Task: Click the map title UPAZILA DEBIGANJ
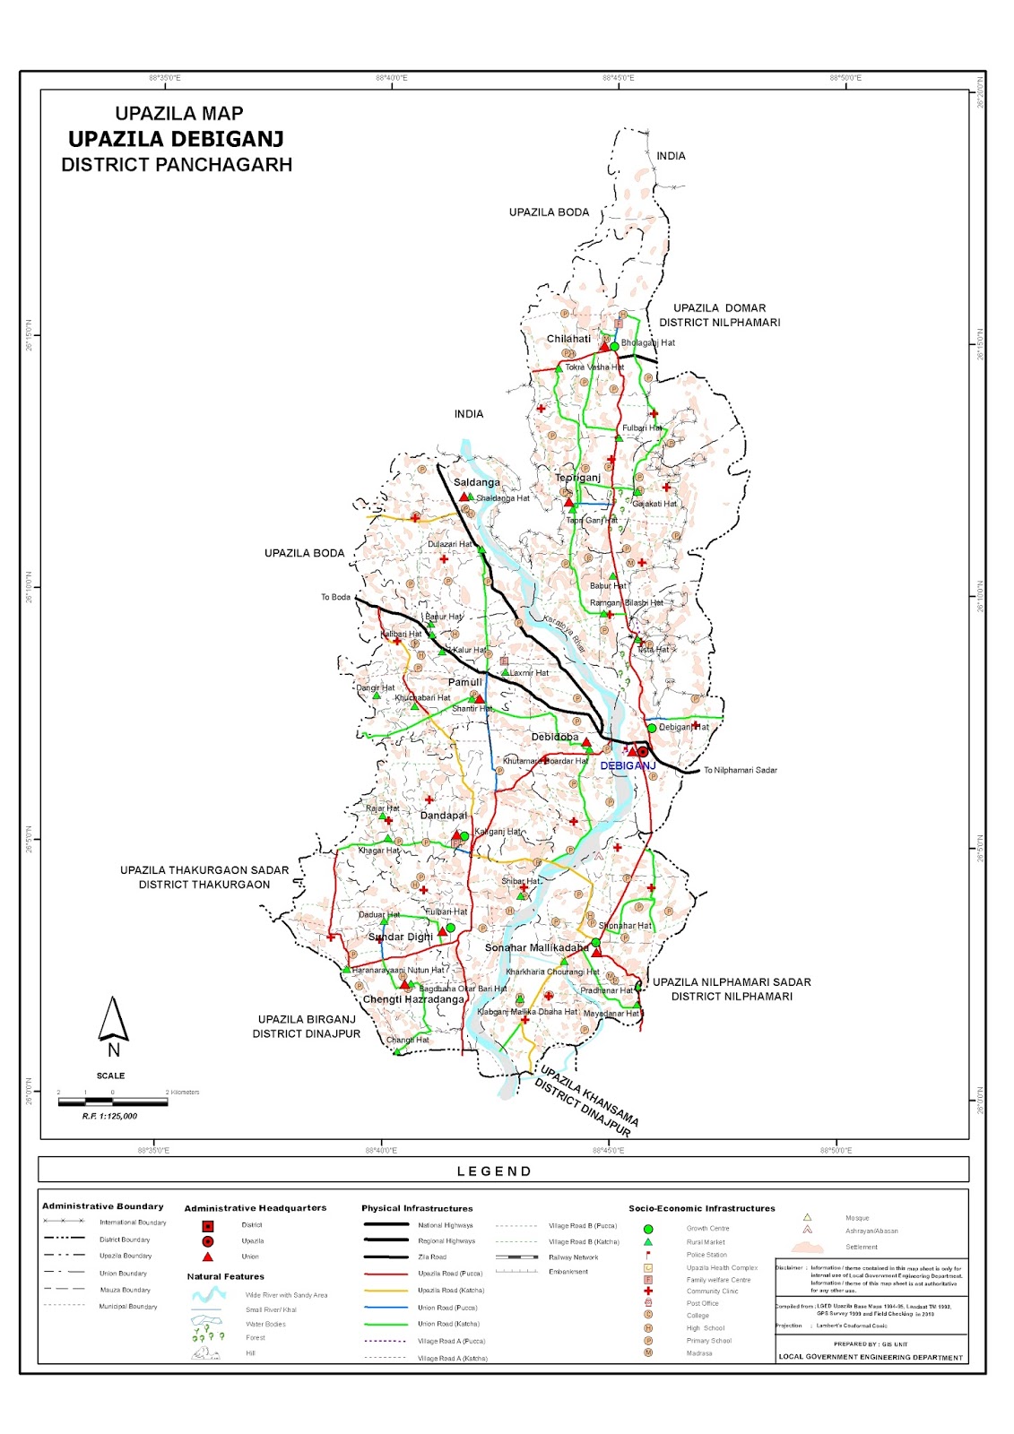click(x=176, y=139)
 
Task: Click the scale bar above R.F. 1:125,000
click(x=112, y=1101)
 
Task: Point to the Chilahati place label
click(x=568, y=339)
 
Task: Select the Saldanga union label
click(x=476, y=482)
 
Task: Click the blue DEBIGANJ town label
click(x=628, y=765)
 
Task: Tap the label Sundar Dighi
click(x=400, y=937)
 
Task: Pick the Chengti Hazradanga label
click(x=413, y=999)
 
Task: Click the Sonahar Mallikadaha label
click(x=536, y=947)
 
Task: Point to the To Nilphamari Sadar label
click(x=740, y=770)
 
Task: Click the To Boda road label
click(x=335, y=597)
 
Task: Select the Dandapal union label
click(x=444, y=816)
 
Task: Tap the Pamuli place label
click(x=464, y=682)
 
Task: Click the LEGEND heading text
click(x=494, y=1171)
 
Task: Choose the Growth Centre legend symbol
click(x=647, y=1229)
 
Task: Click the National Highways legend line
click(x=386, y=1225)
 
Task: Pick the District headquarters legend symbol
click(x=207, y=1225)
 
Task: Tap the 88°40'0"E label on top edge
click(x=392, y=78)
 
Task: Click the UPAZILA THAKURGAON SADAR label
click(x=204, y=869)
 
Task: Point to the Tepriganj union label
click(x=577, y=478)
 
